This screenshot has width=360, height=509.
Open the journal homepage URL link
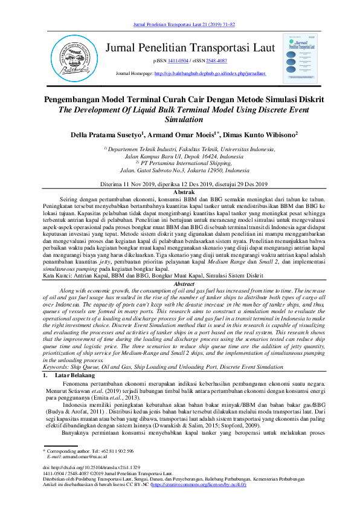(x=210, y=74)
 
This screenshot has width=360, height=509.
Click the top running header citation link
(x=183, y=24)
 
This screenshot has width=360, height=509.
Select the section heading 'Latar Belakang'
(x=75, y=357)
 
